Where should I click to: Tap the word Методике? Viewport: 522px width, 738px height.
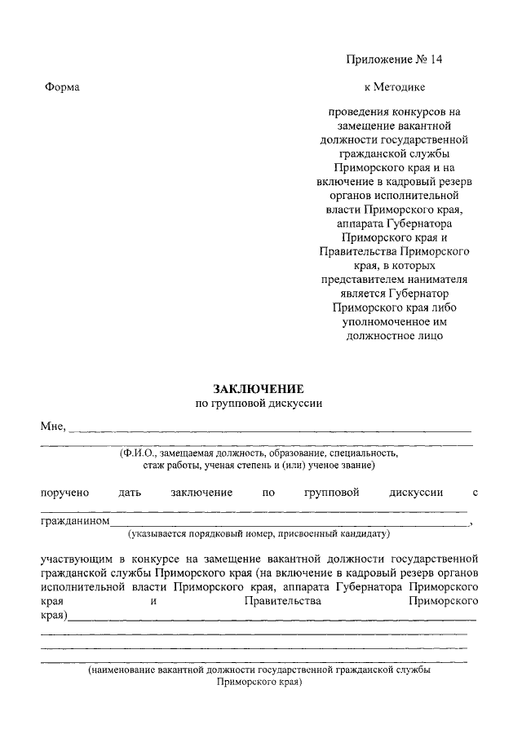(x=400, y=86)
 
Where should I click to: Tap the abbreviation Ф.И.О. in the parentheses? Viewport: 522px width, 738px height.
(x=139, y=452)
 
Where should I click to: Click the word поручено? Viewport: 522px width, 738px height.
(x=64, y=493)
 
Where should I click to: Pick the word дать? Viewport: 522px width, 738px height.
(x=130, y=493)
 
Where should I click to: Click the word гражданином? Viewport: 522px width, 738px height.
(x=74, y=521)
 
